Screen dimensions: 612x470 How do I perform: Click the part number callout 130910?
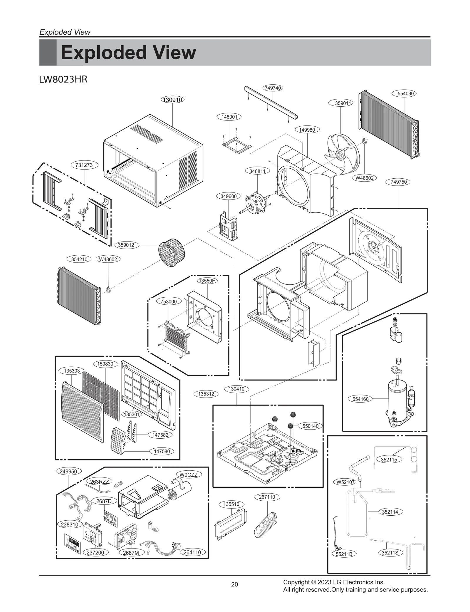[173, 100]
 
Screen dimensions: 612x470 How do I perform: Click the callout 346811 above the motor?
[257, 171]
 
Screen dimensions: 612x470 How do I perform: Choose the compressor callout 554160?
[360, 399]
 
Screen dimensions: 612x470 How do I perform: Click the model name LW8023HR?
[63, 80]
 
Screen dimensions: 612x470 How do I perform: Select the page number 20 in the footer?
[234, 592]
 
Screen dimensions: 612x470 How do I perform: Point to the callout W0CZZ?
[189, 474]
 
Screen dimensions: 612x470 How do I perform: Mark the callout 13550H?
[207, 281]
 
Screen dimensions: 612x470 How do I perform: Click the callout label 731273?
[84, 165]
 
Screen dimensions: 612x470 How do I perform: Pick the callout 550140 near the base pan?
[310, 426]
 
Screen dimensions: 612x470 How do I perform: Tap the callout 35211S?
[390, 553]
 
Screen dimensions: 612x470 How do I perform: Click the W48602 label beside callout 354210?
[108, 259]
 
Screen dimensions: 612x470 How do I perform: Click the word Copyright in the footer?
[296, 582]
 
